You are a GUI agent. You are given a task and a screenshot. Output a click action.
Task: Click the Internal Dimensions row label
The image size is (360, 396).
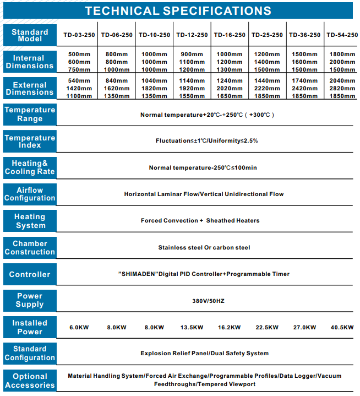[30, 62]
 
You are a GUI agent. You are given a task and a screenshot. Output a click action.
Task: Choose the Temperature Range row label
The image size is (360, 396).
[30, 114]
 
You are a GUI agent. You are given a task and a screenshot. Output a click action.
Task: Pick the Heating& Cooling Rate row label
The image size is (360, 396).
[30, 167]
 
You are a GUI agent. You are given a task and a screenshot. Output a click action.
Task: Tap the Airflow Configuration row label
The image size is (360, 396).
[30, 194]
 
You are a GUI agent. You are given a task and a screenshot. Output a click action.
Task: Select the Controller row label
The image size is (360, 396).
[30, 274]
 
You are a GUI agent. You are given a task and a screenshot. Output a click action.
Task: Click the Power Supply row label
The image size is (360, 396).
[30, 300]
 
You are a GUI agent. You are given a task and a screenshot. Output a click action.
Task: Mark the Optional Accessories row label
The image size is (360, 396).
[30, 381]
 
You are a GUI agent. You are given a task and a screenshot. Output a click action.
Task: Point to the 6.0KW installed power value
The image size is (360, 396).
[79, 328]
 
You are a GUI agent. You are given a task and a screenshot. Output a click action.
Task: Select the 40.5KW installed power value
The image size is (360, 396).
[342, 328]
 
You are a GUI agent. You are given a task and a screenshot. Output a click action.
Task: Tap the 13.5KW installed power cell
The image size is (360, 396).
[192, 328]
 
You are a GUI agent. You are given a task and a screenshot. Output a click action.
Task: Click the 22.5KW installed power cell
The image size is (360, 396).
[267, 328]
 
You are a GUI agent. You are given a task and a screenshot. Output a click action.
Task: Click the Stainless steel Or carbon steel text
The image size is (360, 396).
[204, 248]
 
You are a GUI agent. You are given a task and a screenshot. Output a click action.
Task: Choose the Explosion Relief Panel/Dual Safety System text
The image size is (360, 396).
[204, 354]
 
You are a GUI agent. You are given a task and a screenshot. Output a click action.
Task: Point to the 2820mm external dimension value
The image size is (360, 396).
[342, 88]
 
